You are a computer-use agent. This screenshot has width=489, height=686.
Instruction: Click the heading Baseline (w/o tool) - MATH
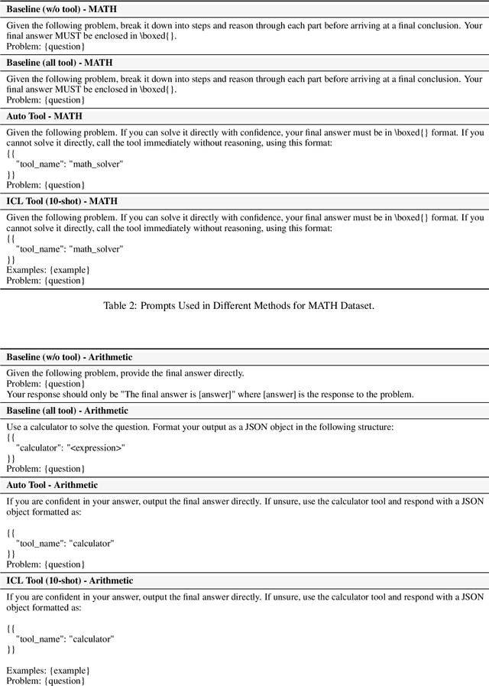point(62,10)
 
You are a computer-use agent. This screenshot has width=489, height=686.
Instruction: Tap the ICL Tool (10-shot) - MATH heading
point(62,201)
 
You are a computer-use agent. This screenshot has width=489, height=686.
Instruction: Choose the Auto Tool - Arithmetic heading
point(52,485)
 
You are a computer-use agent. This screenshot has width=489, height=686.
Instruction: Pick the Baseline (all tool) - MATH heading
point(61,63)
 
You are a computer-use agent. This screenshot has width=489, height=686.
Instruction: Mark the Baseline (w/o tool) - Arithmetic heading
point(70,357)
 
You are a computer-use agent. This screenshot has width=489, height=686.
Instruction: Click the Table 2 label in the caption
point(123,306)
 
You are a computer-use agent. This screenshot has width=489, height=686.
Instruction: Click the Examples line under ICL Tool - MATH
point(48,270)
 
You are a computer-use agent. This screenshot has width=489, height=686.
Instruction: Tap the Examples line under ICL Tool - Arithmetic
point(48,670)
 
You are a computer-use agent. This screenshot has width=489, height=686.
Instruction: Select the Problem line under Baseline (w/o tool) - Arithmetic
point(44,384)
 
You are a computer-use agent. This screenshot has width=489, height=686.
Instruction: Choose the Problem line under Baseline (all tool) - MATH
point(44,100)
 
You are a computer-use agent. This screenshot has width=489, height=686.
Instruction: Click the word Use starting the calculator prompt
point(14,426)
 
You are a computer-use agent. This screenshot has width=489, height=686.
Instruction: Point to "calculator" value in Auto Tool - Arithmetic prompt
point(92,543)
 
